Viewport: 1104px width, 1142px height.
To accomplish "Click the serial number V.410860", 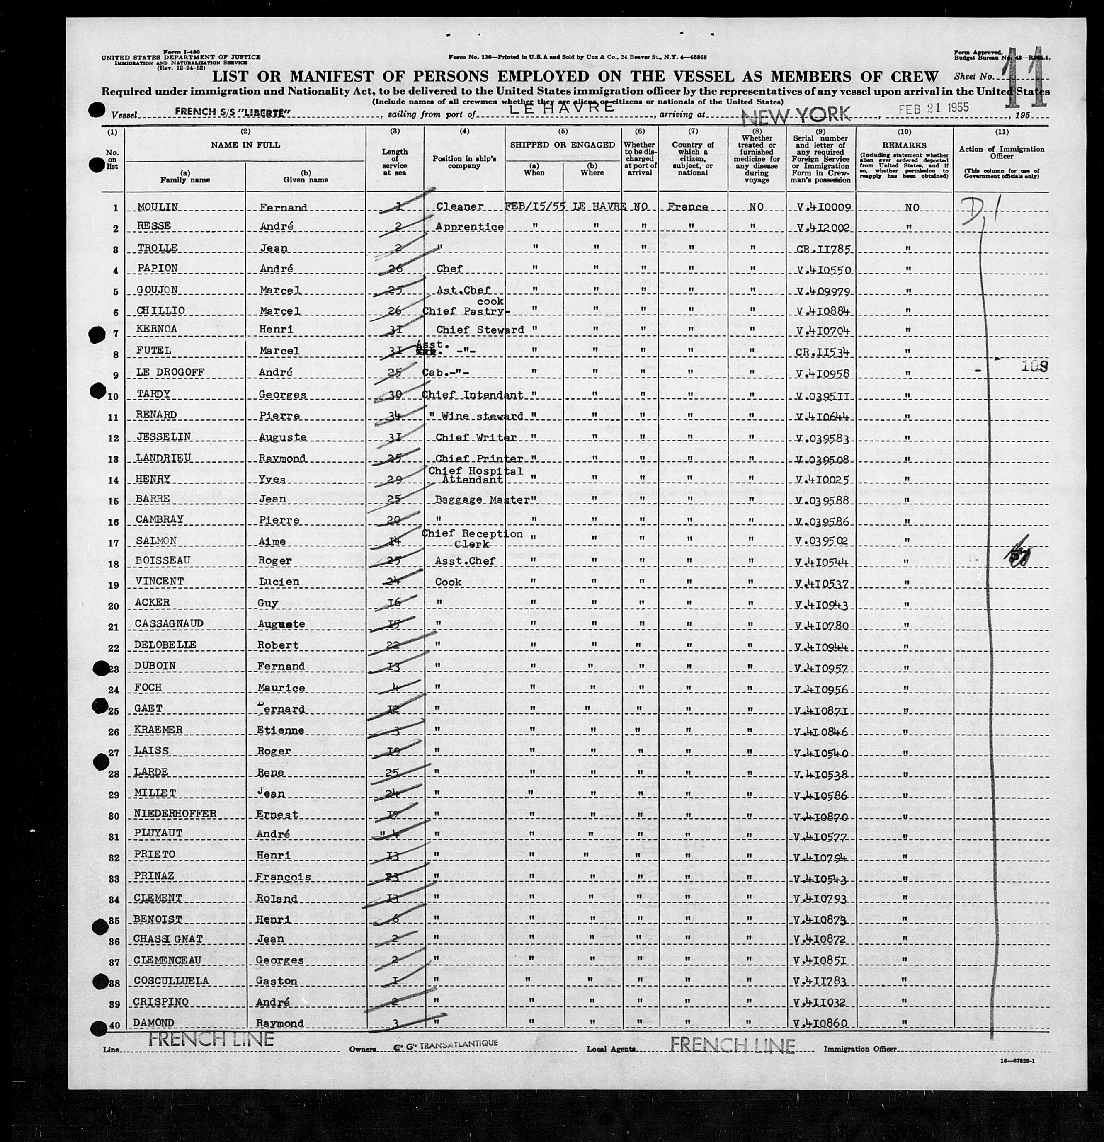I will (x=819, y=1023).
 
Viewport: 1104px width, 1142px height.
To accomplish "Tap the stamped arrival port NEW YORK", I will (x=795, y=115).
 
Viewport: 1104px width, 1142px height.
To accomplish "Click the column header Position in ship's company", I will (x=464, y=162).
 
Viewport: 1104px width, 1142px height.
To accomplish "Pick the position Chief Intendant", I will (x=472, y=395).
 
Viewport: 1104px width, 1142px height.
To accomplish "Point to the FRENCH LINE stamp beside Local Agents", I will (x=732, y=1045).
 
